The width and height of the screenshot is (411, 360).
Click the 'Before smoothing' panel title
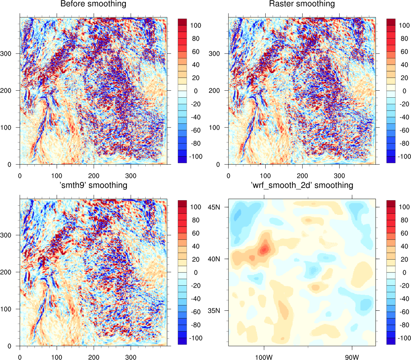[x=93, y=4]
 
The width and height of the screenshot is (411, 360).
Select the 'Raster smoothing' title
[x=302, y=4]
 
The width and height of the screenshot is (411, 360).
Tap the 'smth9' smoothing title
[x=93, y=185]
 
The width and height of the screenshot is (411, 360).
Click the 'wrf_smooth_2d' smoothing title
[x=302, y=185]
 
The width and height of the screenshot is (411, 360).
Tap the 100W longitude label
[x=264, y=357]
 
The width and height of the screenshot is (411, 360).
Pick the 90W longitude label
[x=352, y=357]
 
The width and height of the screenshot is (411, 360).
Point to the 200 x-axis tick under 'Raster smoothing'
[x=303, y=175]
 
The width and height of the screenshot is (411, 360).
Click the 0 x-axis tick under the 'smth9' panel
[x=20, y=357]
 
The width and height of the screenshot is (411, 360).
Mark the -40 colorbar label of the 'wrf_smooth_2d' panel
[x=403, y=299]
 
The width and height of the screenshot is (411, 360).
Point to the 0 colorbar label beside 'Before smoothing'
[x=196, y=91]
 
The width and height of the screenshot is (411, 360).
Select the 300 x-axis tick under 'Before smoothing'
[x=131, y=175]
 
